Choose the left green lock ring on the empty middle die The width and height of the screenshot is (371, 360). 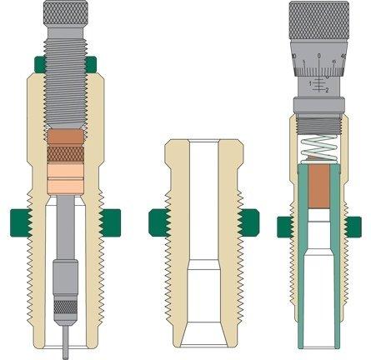154,221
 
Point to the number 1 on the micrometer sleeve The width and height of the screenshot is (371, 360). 311,85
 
